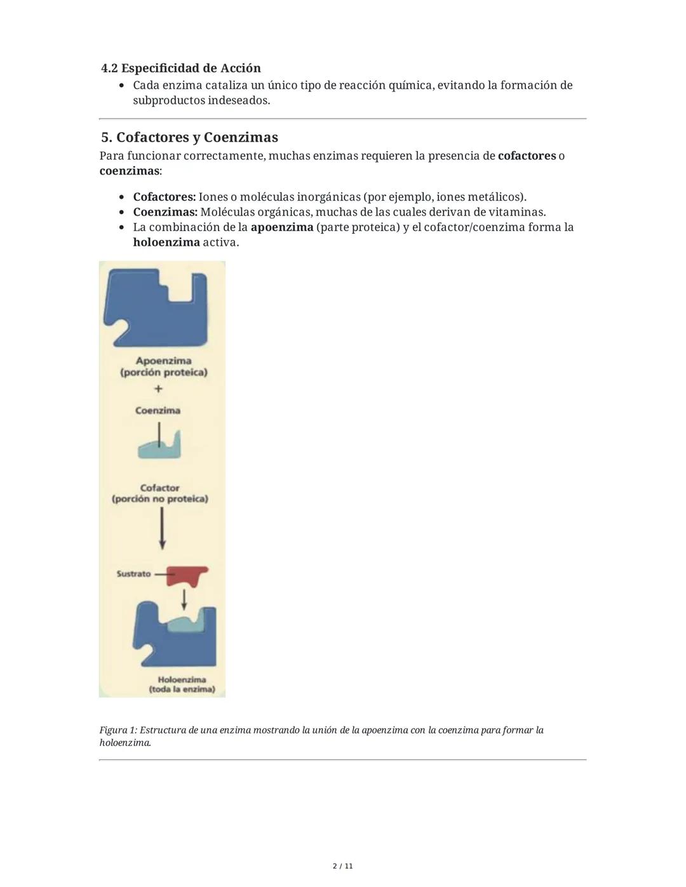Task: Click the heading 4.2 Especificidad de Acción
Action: coord(181,68)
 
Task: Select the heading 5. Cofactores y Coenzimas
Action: coord(189,137)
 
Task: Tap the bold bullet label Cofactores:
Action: coord(164,197)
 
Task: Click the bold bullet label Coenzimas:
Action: coord(165,212)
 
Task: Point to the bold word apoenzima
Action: coord(281,227)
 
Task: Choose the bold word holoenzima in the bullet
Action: coord(166,243)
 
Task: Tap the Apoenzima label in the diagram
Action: coord(163,361)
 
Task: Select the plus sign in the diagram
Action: coord(158,388)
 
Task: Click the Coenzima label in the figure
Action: coord(158,411)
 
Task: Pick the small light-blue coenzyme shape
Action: coord(160,448)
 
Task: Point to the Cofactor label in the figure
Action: coord(159,488)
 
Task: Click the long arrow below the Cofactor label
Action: coord(162,528)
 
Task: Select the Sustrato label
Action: coord(133,574)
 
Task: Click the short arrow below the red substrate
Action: coord(184,598)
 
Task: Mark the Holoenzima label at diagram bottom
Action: coord(182,680)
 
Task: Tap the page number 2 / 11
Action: coord(342,866)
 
